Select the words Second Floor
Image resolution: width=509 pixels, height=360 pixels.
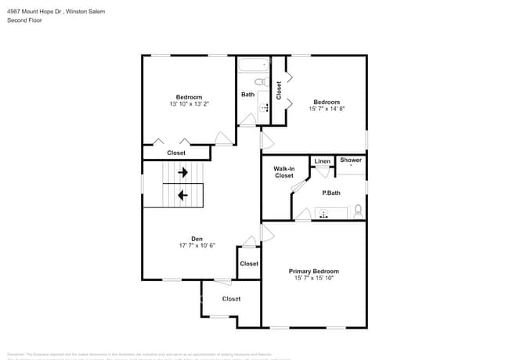click(x=24, y=20)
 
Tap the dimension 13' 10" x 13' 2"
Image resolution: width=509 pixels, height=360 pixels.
click(x=189, y=103)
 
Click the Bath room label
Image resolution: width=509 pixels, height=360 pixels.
click(x=247, y=95)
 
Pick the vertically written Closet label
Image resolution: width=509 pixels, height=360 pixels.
click(x=279, y=90)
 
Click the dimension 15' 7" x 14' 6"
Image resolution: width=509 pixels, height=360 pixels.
click(x=327, y=109)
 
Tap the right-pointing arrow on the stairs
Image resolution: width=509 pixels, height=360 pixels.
click(x=182, y=172)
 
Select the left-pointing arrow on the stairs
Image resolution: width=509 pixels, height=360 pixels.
click(x=182, y=195)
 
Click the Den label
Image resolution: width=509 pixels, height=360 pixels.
click(x=197, y=239)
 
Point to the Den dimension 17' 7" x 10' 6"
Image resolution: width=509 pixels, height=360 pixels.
click(x=197, y=246)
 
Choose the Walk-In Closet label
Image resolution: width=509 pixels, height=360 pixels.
click(x=283, y=172)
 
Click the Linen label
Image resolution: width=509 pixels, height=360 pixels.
click(x=322, y=162)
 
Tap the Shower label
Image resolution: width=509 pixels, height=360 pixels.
click(x=351, y=160)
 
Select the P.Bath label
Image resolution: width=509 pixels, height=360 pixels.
click(x=331, y=193)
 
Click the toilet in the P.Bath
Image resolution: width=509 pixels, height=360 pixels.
click(x=358, y=211)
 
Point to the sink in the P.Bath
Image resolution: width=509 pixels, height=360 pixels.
click(x=323, y=214)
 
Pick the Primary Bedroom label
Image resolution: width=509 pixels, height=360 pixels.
click(x=313, y=271)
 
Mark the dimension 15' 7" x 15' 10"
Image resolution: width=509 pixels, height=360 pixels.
click(x=313, y=278)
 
